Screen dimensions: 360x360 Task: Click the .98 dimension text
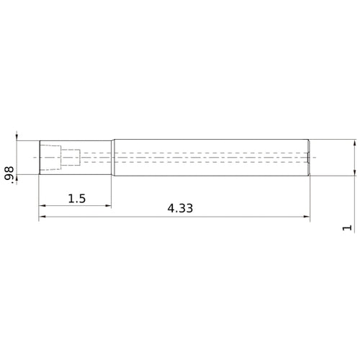9,173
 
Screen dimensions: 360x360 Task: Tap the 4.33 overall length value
180,209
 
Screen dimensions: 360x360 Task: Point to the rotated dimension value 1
348,228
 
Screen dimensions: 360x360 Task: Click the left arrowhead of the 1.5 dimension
42,206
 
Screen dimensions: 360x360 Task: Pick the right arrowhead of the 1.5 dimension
108,206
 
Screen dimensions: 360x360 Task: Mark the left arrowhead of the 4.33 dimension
42,217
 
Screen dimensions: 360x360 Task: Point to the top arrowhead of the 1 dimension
355,143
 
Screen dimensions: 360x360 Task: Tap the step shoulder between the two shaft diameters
112,156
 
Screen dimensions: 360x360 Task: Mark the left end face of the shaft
39,156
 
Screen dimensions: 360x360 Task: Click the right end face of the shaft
309,156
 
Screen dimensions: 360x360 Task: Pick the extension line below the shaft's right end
309,198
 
